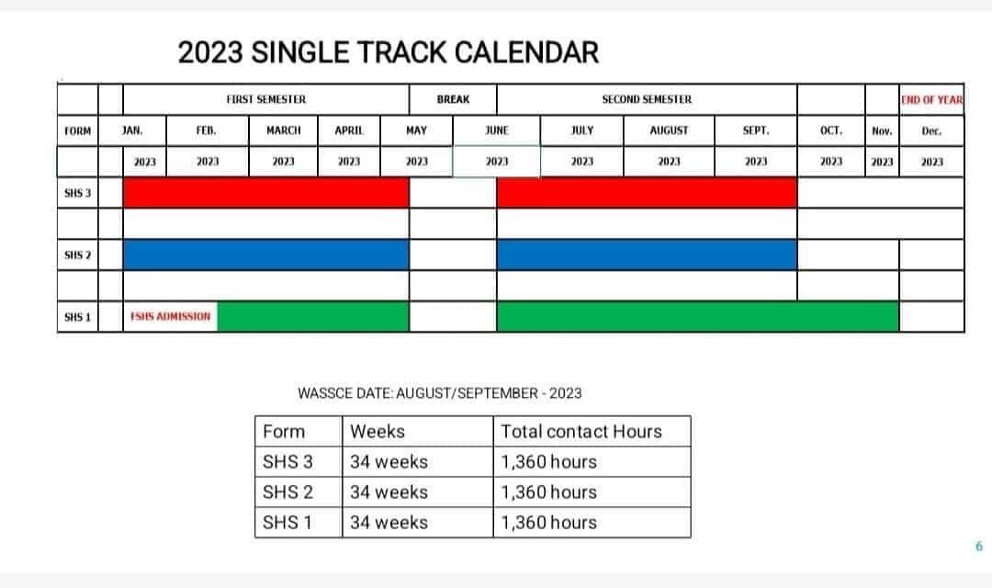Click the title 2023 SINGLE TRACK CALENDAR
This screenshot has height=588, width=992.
coord(388,52)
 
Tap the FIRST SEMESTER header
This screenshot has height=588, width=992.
coord(265,99)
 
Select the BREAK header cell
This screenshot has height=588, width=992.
coord(453,99)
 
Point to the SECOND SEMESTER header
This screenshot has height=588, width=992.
coord(647,99)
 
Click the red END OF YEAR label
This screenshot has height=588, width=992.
coord(932,100)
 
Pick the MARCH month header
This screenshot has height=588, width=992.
coord(284,130)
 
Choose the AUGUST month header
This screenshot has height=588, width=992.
coord(669,130)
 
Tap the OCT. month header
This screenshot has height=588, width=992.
coord(830,130)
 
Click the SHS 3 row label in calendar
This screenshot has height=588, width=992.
coord(78,193)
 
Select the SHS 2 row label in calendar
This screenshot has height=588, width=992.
coord(78,255)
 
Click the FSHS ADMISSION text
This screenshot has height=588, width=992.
coord(170,316)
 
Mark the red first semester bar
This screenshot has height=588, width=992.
coord(265,192)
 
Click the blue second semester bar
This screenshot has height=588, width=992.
coord(647,254)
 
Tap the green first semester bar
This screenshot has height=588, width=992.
coord(313,316)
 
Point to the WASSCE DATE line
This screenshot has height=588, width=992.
coord(440,393)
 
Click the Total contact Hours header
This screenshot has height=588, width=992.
coord(581,432)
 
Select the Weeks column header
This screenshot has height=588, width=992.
coord(378,432)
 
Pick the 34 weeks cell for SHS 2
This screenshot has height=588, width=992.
coord(389,492)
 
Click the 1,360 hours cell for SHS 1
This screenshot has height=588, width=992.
coord(548,522)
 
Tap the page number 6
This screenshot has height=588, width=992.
coord(979,547)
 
